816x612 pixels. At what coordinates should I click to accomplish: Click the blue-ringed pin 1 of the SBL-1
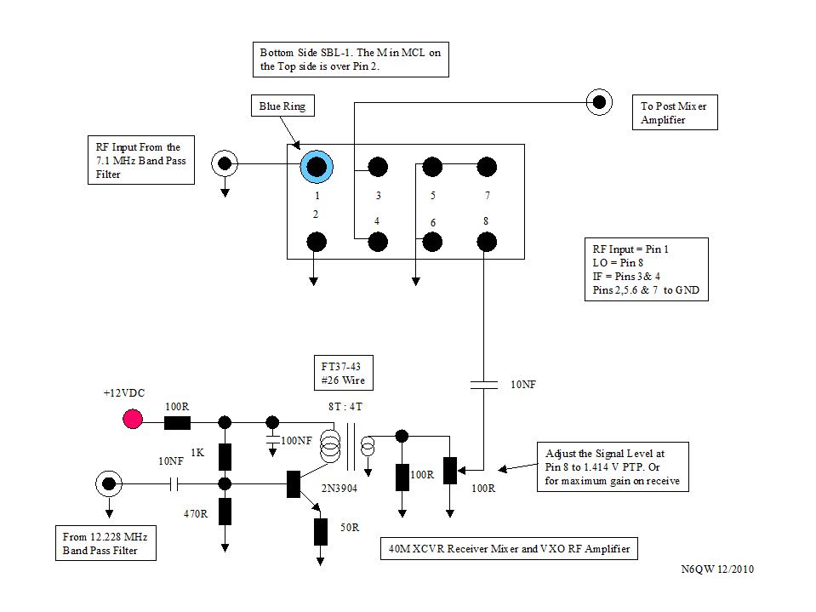[x=317, y=166]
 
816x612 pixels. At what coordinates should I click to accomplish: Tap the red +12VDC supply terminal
[x=133, y=419]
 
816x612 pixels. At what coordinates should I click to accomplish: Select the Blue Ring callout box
[x=281, y=106]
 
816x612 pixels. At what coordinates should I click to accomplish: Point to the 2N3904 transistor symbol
[x=294, y=483]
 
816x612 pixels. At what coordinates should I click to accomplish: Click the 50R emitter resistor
[x=321, y=531]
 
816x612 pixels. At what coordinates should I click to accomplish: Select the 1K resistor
[x=225, y=456]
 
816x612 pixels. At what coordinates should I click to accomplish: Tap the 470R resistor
[x=225, y=512]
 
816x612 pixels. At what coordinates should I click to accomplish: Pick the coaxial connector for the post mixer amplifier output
[x=599, y=102]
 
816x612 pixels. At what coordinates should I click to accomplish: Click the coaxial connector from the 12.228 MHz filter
[x=109, y=483]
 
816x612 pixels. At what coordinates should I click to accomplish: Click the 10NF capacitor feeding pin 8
[x=483, y=386]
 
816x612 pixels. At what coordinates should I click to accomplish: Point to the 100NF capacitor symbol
[x=272, y=439]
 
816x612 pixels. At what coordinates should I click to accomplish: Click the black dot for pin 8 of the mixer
[x=486, y=243]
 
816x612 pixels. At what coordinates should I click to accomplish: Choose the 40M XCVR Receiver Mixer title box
[x=509, y=549]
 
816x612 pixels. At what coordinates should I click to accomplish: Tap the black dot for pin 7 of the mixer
[x=486, y=166]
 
